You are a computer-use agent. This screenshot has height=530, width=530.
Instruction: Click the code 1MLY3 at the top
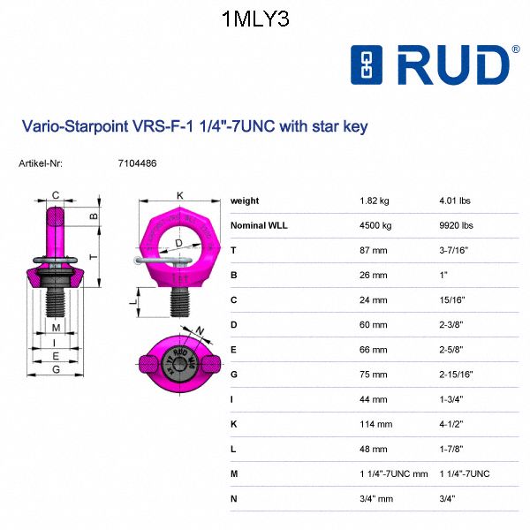pyautogui.click(x=256, y=20)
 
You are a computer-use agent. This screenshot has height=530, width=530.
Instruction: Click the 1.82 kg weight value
pyautogui.click(x=375, y=201)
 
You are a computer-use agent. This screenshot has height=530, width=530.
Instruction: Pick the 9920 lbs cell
pyautogui.click(x=456, y=225)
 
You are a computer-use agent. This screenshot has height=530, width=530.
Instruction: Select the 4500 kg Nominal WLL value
pyautogui.click(x=375, y=225)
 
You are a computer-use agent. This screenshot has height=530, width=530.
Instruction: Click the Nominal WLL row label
pyautogui.click(x=259, y=225)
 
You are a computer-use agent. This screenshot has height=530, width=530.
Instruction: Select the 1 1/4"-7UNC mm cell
pyautogui.click(x=394, y=474)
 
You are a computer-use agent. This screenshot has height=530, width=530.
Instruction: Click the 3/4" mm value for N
pyautogui.click(x=375, y=499)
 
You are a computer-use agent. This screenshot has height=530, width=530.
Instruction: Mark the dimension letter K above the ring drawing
pyautogui.click(x=180, y=195)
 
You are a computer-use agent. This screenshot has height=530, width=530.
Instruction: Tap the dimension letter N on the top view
pyautogui.click(x=201, y=332)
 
